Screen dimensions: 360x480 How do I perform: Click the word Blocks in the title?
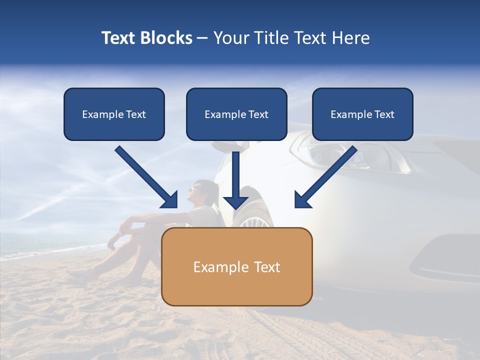pyautogui.click(x=167, y=38)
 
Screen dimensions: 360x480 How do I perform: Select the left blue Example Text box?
pyautogui.click(x=114, y=114)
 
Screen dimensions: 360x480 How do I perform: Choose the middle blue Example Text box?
pyautogui.click(x=236, y=114)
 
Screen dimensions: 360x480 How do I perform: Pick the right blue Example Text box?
pyautogui.click(x=362, y=114)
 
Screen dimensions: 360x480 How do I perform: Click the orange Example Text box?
pyautogui.click(x=236, y=266)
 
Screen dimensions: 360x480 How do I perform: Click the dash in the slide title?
pyautogui.click(x=202, y=38)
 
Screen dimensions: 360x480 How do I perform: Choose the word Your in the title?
pyautogui.click(x=230, y=38)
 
